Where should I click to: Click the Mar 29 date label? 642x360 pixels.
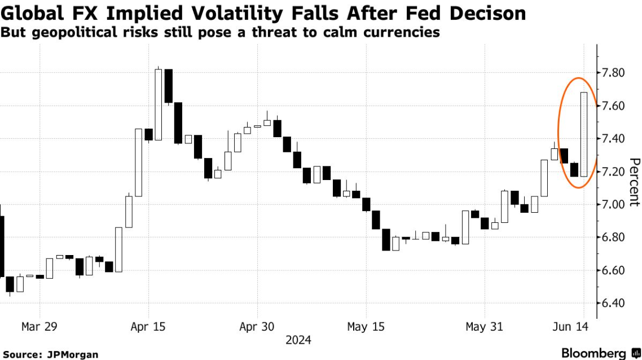click(39, 327)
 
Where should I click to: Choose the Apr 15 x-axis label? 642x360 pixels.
click(148, 327)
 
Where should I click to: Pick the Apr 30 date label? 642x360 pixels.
click(257, 327)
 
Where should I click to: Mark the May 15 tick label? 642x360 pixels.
click(366, 327)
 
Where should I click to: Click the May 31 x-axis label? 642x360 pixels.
click(483, 327)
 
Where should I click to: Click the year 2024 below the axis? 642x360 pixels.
click(298, 340)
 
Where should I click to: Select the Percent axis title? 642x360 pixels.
click(634, 182)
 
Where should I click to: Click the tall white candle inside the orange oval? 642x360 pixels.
click(583, 134)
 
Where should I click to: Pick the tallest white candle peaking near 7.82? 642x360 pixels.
click(159, 104)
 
